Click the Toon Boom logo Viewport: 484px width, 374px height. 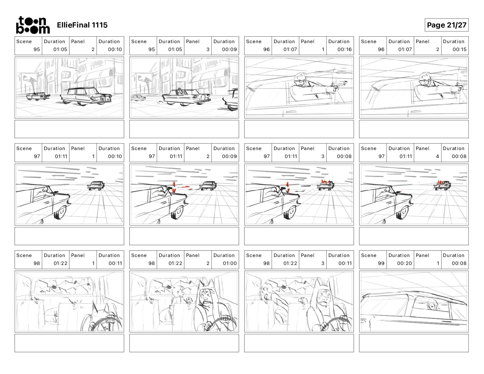coord(33,25)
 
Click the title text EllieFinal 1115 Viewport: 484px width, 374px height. coord(82,25)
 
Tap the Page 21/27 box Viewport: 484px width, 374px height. coord(446,25)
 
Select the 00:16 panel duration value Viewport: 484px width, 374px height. coord(344,50)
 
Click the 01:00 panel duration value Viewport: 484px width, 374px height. coord(229,263)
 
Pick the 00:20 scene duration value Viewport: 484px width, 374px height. coord(404,263)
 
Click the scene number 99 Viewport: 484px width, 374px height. coord(381,263)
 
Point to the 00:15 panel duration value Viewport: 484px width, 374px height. coord(459,50)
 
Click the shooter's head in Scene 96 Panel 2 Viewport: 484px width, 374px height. coord(424,79)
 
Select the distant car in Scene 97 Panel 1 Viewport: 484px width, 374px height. coord(96,185)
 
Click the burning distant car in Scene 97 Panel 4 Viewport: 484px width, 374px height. coord(442,185)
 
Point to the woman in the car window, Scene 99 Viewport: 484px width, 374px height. coord(432,305)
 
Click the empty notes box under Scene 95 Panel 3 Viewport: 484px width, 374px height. coord(184,129)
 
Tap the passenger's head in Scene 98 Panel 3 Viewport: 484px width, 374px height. coord(266,291)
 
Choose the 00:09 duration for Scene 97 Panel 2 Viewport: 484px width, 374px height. coord(229,156)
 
